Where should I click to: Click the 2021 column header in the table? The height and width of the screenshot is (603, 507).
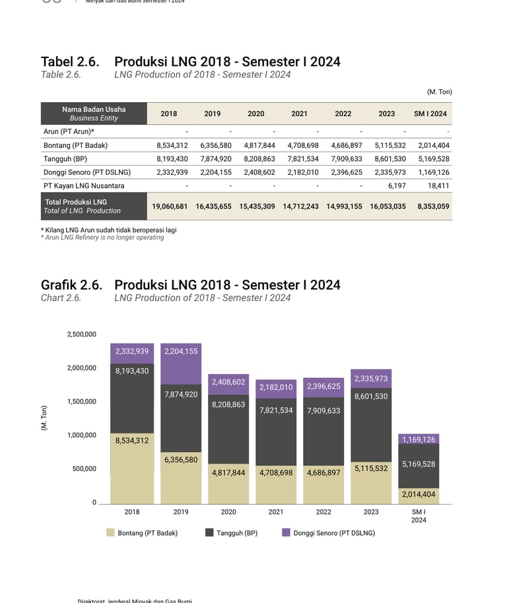pyautogui.click(x=299, y=113)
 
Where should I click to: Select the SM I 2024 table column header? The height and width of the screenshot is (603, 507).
pyautogui.click(x=430, y=113)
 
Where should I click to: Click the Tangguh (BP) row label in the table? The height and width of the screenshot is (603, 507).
pyautogui.click(x=65, y=159)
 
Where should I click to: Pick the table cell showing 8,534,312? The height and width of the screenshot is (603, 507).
pyautogui.click(x=172, y=145)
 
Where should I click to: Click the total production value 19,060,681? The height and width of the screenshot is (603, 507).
pyautogui.click(x=170, y=206)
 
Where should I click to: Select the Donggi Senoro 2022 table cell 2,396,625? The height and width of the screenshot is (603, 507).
pyautogui.click(x=347, y=172)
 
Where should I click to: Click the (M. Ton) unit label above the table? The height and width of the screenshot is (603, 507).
pyautogui.click(x=439, y=92)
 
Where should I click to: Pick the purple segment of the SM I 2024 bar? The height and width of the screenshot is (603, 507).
pyautogui.click(x=419, y=439)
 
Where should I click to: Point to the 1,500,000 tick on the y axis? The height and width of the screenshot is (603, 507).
pyautogui.click(x=81, y=401)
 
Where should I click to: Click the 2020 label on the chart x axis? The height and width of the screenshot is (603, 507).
pyautogui.click(x=228, y=512)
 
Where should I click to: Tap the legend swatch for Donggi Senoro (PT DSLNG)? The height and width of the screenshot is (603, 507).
pyautogui.click(x=286, y=532)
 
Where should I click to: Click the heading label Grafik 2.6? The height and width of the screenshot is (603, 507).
pyautogui.click(x=71, y=285)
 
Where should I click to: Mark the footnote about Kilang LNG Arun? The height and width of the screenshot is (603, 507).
pyautogui.click(x=108, y=230)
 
